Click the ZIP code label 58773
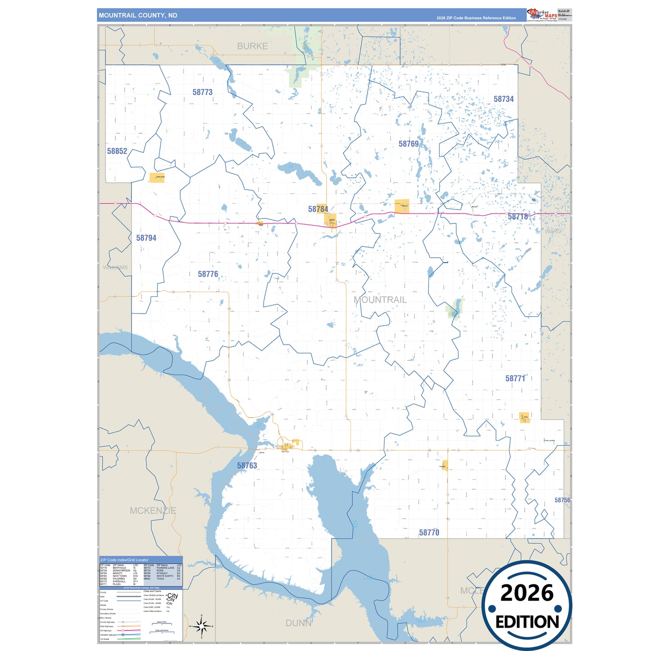[x=202, y=92]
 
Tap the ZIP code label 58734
[x=503, y=99]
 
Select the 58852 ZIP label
[x=117, y=151]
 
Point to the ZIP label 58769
[x=409, y=144]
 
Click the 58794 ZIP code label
[x=146, y=238]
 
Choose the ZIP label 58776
[x=208, y=274]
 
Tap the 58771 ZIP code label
[x=515, y=378]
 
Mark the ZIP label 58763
[x=247, y=465]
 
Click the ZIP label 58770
[x=429, y=533]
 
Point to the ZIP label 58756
[x=562, y=500]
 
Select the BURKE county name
[x=252, y=46]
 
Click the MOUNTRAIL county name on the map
[x=380, y=300]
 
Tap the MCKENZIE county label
[x=153, y=510]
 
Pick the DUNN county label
[x=298, y=623]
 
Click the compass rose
[x=201, y=626]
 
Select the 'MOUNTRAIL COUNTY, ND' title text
[x=138, y=15]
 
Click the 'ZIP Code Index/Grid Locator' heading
[x=124, y=560]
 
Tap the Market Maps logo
[x=542, y=15]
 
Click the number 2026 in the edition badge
[x=527, y=593]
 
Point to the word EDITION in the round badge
[x=527, y=622]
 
